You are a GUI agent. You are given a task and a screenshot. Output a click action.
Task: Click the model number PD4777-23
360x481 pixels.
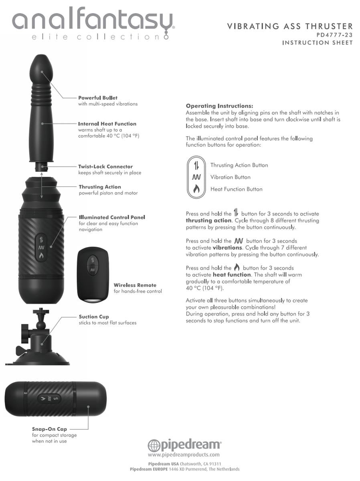click(x=334, y=35)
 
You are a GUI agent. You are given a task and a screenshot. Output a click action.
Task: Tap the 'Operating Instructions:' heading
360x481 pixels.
click(x=219, y=106)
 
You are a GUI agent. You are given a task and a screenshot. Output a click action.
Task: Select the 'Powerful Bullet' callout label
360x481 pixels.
click(x=98, y=98)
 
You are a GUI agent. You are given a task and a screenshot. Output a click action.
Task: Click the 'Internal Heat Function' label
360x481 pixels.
click(x=107, y=124)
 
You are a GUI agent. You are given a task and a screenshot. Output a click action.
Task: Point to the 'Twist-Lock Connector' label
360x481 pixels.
click(x=105, y=166)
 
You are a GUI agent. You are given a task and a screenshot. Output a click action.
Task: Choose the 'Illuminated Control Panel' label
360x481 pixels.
click(x=112, y=217)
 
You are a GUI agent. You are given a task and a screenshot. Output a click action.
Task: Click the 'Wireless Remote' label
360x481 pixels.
click(x=135, y=285)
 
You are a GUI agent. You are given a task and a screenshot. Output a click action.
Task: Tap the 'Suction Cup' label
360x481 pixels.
click(x=94, y=317)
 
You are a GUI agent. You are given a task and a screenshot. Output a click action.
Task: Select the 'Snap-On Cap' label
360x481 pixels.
click(x=49, y=429)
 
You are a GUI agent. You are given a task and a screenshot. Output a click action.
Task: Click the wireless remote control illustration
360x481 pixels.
click(x=93, y=275)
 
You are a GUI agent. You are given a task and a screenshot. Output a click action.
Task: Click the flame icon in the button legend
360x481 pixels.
click(x=196, y=189)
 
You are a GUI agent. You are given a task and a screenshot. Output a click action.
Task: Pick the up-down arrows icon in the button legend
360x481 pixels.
click(x=196, y=165)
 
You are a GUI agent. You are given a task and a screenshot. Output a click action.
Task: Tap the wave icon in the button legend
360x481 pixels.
click(x=196, y=177)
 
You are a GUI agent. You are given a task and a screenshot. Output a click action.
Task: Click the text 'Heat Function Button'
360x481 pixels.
click(x=237, y=189)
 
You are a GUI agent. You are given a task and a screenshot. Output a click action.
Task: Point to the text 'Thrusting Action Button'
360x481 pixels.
click(x=239, y=165)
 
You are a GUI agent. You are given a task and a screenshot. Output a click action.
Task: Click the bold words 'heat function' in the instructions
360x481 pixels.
click(x=232, y=275)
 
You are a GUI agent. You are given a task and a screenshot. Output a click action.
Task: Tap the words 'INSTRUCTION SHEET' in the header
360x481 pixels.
click(x=318, y=42)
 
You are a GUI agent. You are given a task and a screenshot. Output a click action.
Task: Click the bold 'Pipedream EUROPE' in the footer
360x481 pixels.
click(x=149, y=469)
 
